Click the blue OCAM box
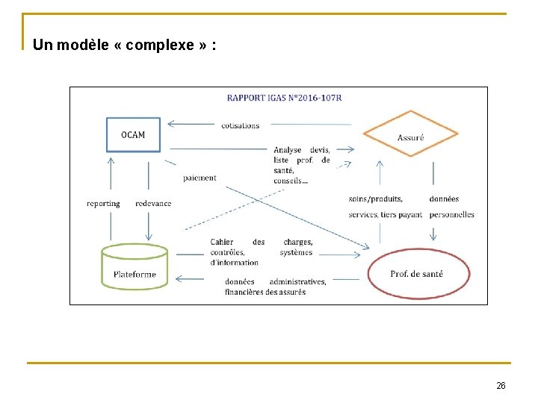(x=133, y=135)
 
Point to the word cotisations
(x=241, y=125)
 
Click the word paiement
(x=200, y=178)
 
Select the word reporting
(x=103, y=204)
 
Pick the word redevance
(x=153, y=204)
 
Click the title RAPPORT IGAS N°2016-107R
(x=284, y=97)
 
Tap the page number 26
(x=501, y=386)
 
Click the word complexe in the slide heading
(x=162, y=45)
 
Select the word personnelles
(x=452, y=215)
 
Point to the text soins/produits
(x=375, y=199)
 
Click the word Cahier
(x=222, y=242)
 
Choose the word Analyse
(x=288, y=150)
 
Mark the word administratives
(x=297, y=282)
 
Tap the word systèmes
(x=296, y=252)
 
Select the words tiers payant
(x=401, y=215)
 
